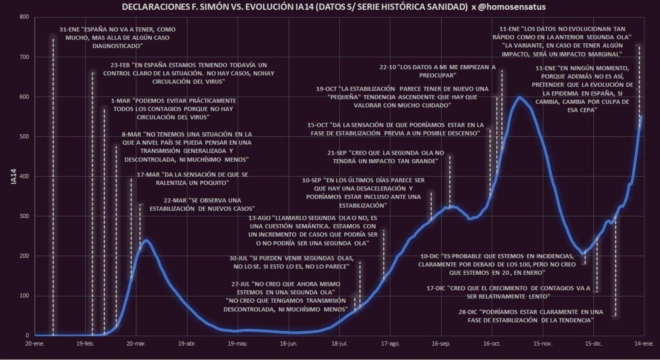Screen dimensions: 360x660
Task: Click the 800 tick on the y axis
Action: [x=24, y=17]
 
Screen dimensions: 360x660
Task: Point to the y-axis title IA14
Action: [x=14, y=177]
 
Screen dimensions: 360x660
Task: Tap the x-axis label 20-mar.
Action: [x=136, y=344]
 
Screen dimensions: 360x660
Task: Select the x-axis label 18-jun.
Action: [x=289, y=344]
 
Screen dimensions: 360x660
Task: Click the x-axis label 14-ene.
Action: [x=644, y=344]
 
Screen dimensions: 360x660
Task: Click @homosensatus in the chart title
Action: [x=512, y=7]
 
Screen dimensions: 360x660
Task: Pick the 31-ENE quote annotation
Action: [x=118, y=38]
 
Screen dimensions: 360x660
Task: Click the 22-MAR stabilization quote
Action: [x=202, y=204]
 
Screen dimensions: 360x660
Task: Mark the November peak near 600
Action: [x=520, y=97]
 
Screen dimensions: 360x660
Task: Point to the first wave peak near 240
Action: [x=146, y=240]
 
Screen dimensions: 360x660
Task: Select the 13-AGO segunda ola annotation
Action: [x=313, y=231]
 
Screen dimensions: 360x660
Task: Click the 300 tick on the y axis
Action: [x=24, y=216]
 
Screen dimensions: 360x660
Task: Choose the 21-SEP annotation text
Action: [x=386, y=157]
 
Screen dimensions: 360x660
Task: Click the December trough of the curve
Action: [x=582, y=253]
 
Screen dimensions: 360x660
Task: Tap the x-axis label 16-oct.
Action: [x=492, y=344]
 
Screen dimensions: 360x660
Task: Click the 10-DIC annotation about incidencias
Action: [x=497, y=264]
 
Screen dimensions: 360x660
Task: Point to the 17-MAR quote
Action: [x=192, y=178]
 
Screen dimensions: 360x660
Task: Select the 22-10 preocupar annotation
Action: [x=438, y=71]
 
